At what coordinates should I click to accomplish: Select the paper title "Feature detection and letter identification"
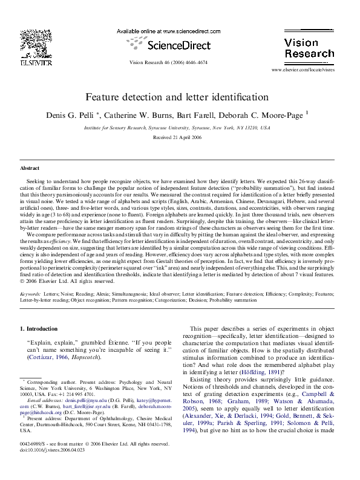[177, 97]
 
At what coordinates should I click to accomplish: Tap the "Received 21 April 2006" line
[177, 137]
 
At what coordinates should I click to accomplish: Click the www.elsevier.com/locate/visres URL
[311, 70]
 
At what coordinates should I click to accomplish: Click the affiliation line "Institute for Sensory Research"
[177, 128]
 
